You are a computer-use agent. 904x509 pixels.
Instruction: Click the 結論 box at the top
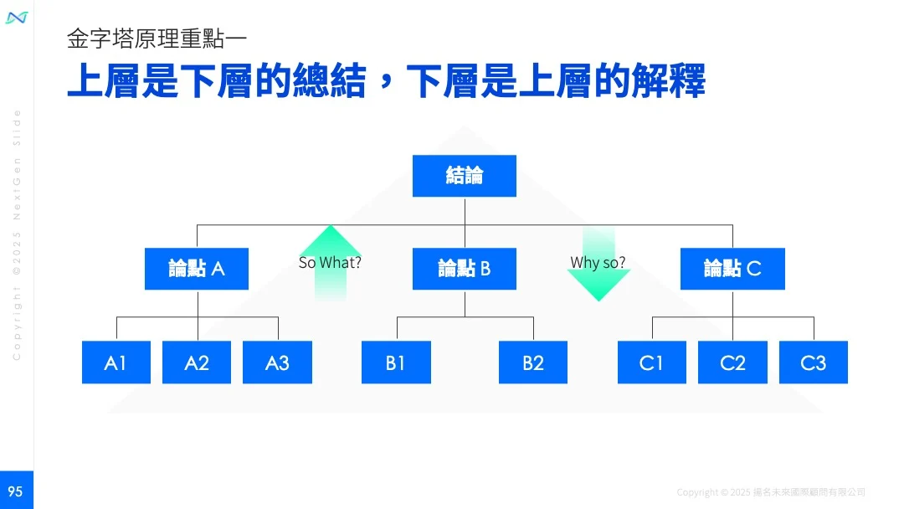click(465, 176)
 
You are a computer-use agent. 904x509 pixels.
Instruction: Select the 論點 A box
click(197, 269)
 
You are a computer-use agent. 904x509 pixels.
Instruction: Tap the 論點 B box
click(465, 269)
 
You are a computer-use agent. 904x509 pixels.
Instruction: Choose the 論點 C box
click(732, 269)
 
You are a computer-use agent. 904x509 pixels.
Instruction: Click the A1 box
click(116, 362)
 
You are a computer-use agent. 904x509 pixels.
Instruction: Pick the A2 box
click(197, 362)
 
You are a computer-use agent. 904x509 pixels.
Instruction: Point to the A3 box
click(277, 362)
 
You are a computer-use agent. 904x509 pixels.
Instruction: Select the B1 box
click(396, 362)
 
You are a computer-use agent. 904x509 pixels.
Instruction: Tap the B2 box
click(533, 362)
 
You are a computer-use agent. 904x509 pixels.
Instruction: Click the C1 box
click(651, 362)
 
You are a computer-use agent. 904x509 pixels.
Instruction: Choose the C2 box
click(732, 362)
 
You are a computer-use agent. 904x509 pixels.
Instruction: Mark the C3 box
click(813, 362)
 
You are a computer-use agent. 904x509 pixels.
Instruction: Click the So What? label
click(330, 263)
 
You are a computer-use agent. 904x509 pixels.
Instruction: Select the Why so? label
click(598, 263)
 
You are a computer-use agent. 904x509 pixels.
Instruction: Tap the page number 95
click(16, 491)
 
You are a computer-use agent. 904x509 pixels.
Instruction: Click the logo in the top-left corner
click(17, 18)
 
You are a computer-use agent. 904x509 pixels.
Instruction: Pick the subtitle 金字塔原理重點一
click(157, 39)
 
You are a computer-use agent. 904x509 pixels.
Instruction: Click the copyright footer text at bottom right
click(770, 492)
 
